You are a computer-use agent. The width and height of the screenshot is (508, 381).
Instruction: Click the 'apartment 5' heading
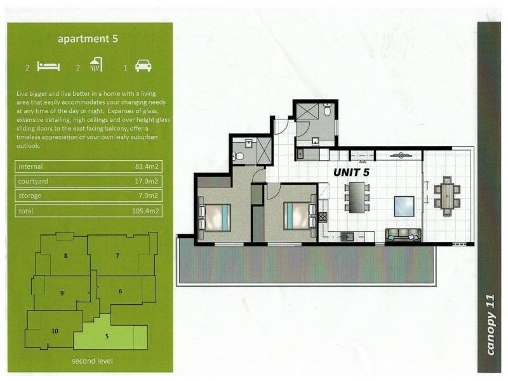pyautogui.click(x=88, y=39)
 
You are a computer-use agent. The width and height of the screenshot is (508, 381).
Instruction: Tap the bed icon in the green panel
pyautogui.click(x=48, y=66)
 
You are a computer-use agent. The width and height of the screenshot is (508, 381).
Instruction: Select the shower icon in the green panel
pyautogui.click(x=97, y=65)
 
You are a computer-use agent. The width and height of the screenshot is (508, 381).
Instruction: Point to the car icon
pyautogui.click(x=144, y=65)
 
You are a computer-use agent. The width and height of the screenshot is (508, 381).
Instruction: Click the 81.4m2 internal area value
pyautogui.click(x=147, y=166)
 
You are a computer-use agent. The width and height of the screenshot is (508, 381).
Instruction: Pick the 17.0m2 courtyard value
pyautogui.click(x=147, y=181)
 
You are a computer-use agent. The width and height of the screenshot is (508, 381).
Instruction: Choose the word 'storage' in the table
pyautogui.click(x=30, y=196)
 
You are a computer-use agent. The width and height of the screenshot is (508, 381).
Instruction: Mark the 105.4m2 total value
pyautogui.click(x=145, y=211)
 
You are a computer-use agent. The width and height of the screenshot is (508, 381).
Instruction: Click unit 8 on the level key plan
pyautogui.click(x=66, y=256)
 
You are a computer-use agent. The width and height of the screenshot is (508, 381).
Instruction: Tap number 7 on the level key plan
pyautogui.click(x=117, y=256)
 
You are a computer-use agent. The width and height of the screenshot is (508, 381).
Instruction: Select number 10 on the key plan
pyautogui.click(x=55, y=331)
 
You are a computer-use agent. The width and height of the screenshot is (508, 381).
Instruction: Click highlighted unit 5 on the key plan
pyautogui.click(x=107, y=337)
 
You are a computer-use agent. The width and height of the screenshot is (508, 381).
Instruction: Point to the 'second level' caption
pyautogui.click(x=92, y=361)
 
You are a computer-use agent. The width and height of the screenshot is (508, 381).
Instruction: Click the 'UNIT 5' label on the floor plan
pyautogui.click(x=352, y=172)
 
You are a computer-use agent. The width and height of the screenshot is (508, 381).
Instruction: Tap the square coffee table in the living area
pyautogui.click(x=404, y=206)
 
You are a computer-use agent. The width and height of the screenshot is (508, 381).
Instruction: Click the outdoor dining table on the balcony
pyautogui.click(x=448, y=196)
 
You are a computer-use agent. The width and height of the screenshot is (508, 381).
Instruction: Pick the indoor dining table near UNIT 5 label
pyautogui.click(x=357, y=197)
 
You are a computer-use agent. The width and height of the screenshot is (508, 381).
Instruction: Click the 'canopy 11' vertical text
pyautogui.click(x=490, y=324)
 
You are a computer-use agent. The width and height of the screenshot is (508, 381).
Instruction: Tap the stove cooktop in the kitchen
pyautogui.click(x=323, y=217)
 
